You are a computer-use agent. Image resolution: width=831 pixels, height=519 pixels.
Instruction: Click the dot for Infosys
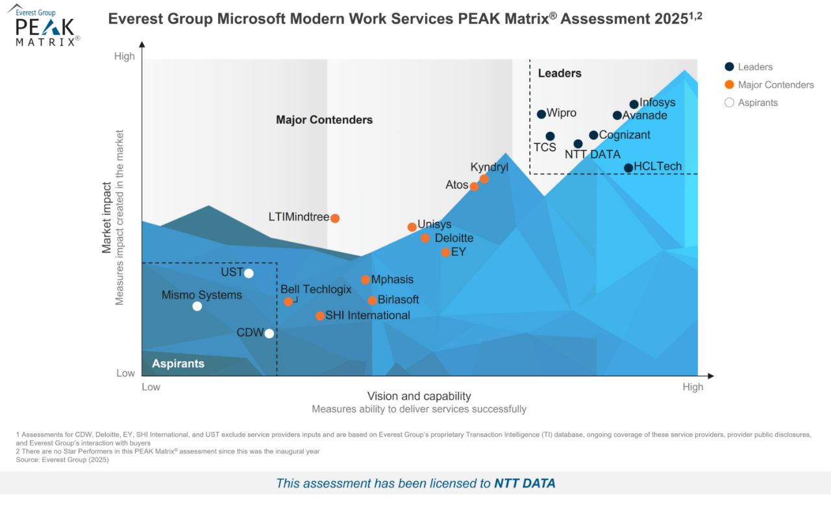pyautogui.click(x=634, y=104)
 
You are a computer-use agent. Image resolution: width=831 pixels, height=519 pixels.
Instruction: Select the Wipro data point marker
pyautogui.click(x=541, y=114)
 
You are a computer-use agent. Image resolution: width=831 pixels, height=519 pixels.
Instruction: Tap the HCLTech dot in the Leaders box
pyautogui.click(x=628, y=168)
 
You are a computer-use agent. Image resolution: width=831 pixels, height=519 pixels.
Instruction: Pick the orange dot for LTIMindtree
pyautogui.click(x=335, y=218)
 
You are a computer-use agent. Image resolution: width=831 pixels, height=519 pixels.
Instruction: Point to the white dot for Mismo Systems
pyautogui.click(x=197, y=306)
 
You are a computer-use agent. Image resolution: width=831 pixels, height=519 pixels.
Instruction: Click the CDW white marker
pyautogui.click(x=269, y=333)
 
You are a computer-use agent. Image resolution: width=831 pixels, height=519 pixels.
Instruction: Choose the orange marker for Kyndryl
pyautogui.click(x=484, y=179)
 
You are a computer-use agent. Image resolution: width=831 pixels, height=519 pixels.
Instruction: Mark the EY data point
pyautogui.click(x=445, y=252)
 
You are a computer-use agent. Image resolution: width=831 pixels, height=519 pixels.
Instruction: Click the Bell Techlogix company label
pyautogui.click(x=316, y=289)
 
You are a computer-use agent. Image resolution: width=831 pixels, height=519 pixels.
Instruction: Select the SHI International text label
pyautogui.click(x=367, y=315)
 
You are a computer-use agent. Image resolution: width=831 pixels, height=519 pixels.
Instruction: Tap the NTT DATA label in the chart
pyautogui.click(x=592, y=154)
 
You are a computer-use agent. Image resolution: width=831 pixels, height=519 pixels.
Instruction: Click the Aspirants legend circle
pyautogui.click(x=729, y=103)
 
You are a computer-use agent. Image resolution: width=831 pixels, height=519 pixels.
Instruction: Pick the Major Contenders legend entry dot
pyautogui.click(x=729, y=84)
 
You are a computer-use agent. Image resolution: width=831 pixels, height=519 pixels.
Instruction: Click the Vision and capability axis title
pyautogui.click(x=419, y=396)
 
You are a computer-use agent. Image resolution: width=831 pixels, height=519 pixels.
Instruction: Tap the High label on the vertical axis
pyautogui.click(x=125, y=56)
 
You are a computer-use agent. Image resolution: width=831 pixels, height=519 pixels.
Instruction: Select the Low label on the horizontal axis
pyautogui.click(x=151, y=387)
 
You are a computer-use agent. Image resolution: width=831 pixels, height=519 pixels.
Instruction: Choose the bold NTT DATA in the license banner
pyautogui.click(x=525, y=483)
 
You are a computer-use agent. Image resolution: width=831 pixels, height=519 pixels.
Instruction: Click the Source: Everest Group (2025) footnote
pyautogui.click(x=62, y=460)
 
